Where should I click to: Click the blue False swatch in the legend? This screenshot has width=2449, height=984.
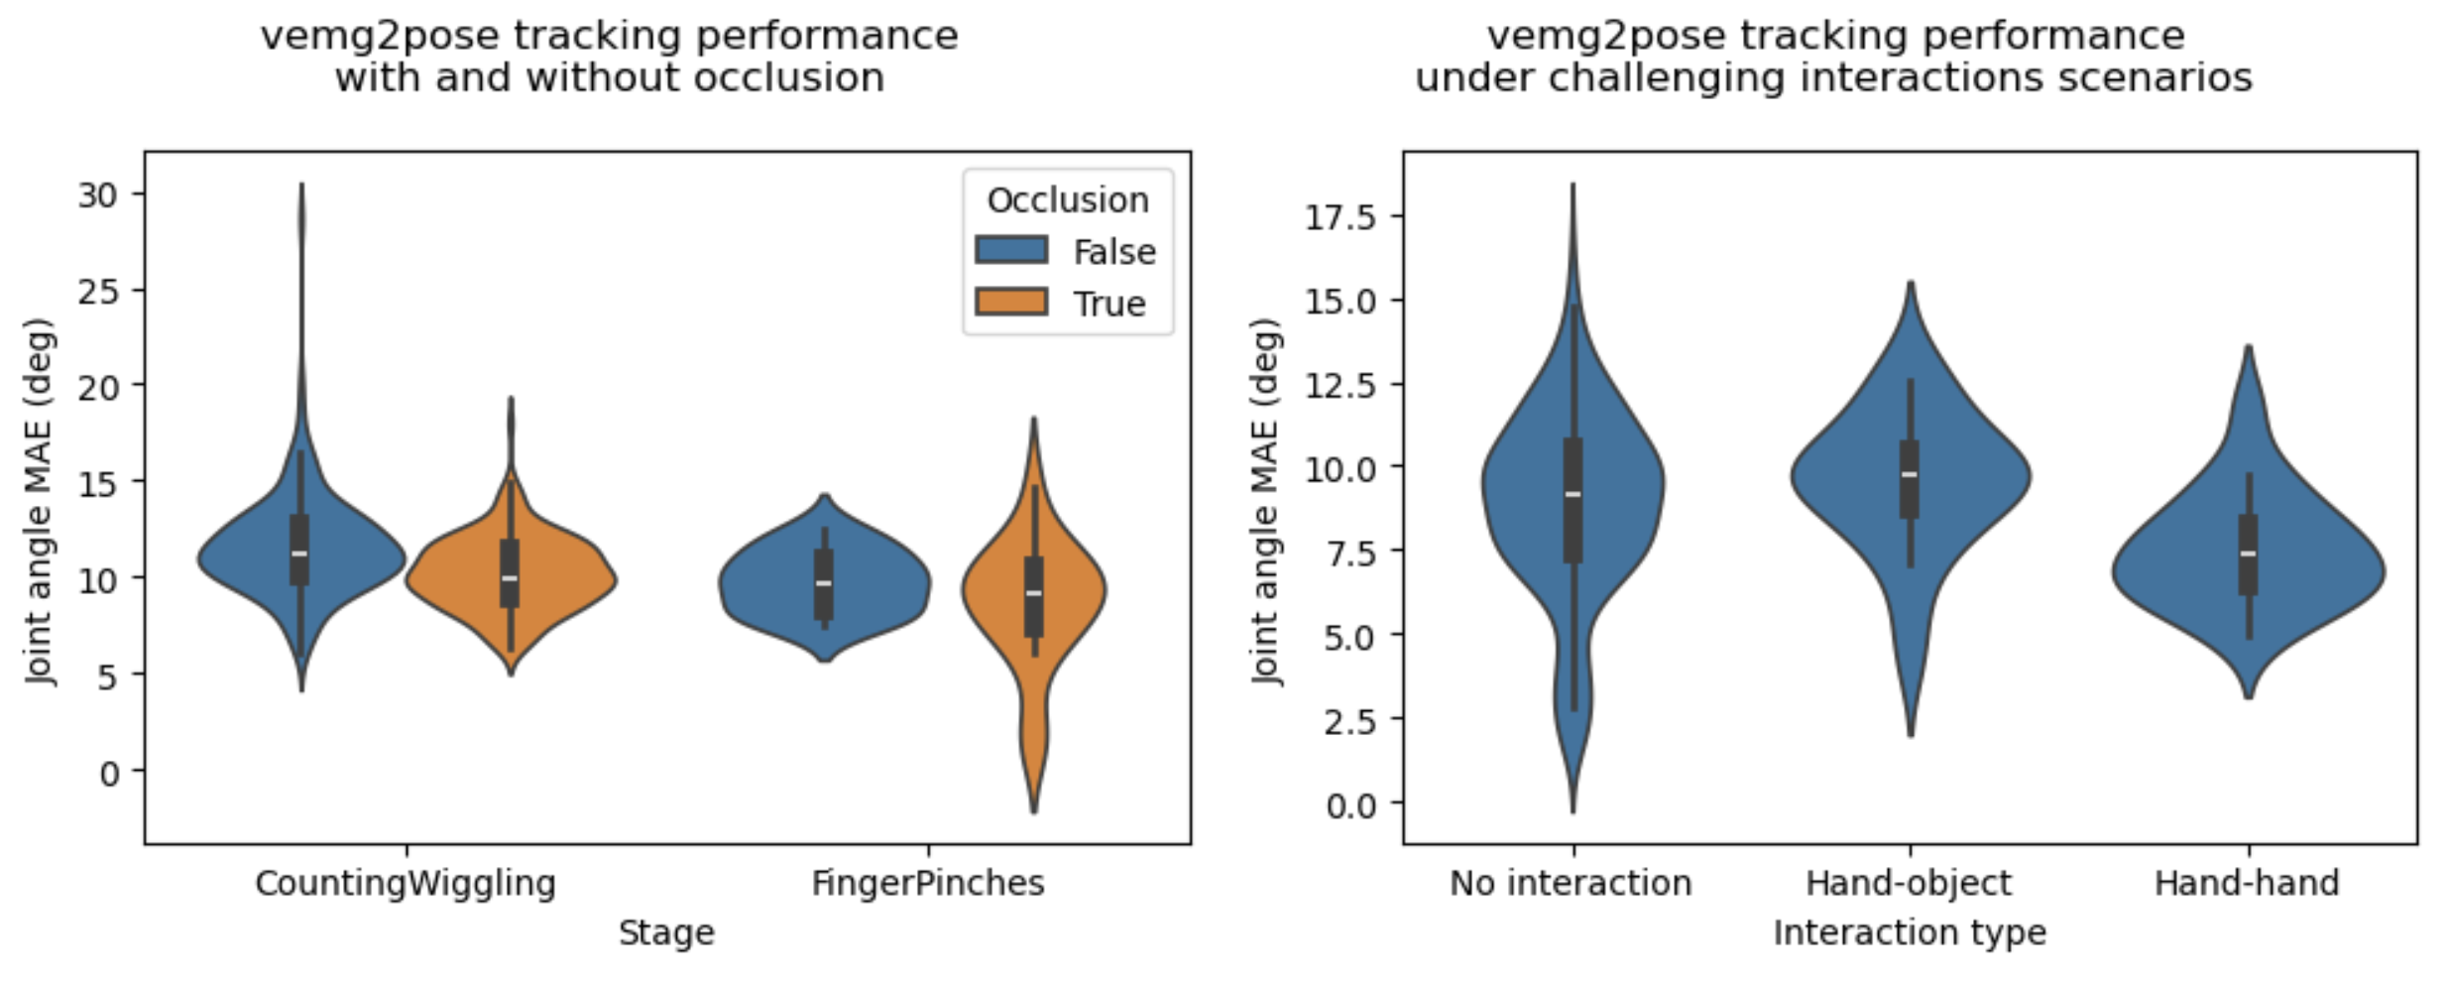point(1010,250)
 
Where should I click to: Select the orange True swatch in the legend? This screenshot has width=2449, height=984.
point(1010,302)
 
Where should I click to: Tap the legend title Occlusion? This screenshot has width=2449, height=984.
point(1067,200)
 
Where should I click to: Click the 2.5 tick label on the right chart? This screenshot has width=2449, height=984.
point(1350,719)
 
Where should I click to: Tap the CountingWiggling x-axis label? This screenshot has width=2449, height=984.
point(406,882)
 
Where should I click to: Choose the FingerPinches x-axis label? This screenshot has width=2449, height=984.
point(928,882)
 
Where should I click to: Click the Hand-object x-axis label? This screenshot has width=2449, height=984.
point(1909,882)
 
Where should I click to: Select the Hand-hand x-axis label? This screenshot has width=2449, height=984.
point(2247,882)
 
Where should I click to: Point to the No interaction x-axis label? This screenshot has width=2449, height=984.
point(1571,882)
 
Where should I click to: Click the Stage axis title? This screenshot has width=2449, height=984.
point(666,932)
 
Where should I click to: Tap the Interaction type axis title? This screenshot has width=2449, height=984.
point(1910,932)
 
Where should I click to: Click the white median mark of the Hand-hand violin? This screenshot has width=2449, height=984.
point(2248,553)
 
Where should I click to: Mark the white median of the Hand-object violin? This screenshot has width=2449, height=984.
point(1910,474)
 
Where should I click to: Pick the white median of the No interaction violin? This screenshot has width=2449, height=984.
point(1573,494)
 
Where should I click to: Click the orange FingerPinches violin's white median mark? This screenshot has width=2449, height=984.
point(1034,593)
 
